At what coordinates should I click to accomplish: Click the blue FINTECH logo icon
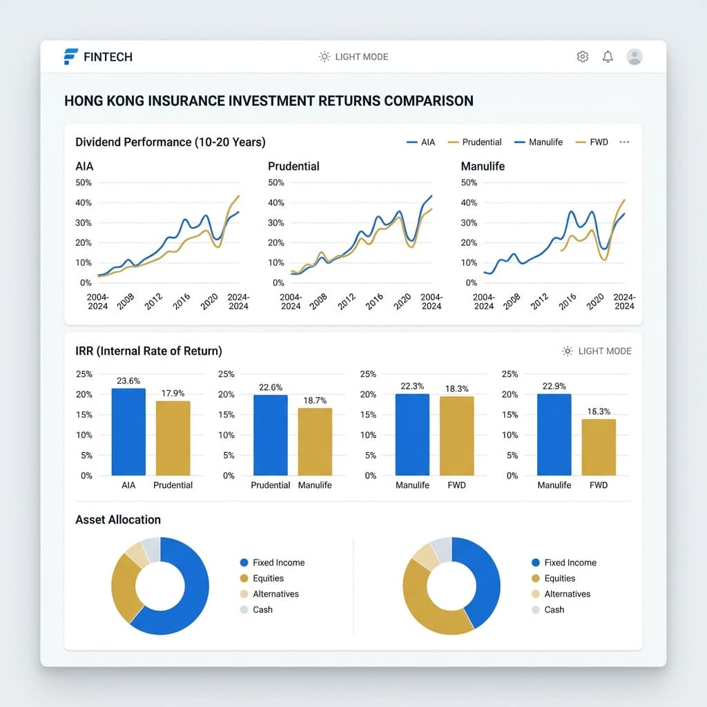coord(70,57)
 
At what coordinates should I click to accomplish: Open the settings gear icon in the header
coord(582,57)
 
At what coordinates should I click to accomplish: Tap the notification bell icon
coord(608,57)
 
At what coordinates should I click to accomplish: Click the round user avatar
coord(634,57)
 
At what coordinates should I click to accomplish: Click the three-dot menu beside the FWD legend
coord(625,142)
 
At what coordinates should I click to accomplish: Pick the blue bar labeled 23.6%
coord(128,432)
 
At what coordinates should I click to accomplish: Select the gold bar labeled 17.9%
coord(173,438)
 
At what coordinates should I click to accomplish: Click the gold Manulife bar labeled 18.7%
coord(315,441)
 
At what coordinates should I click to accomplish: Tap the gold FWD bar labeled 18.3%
coord(457,436)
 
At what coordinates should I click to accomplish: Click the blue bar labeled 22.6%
coord(271,435)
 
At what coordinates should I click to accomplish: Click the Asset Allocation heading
coord(118,520)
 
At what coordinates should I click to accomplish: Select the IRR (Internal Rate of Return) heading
coord(148,351)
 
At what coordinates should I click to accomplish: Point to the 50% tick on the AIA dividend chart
coord(85,182)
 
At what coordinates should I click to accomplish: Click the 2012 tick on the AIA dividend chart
coord(153,301)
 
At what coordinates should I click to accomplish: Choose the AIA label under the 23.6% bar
coord(128,485)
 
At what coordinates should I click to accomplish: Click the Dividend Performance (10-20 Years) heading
coord(170,142)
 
